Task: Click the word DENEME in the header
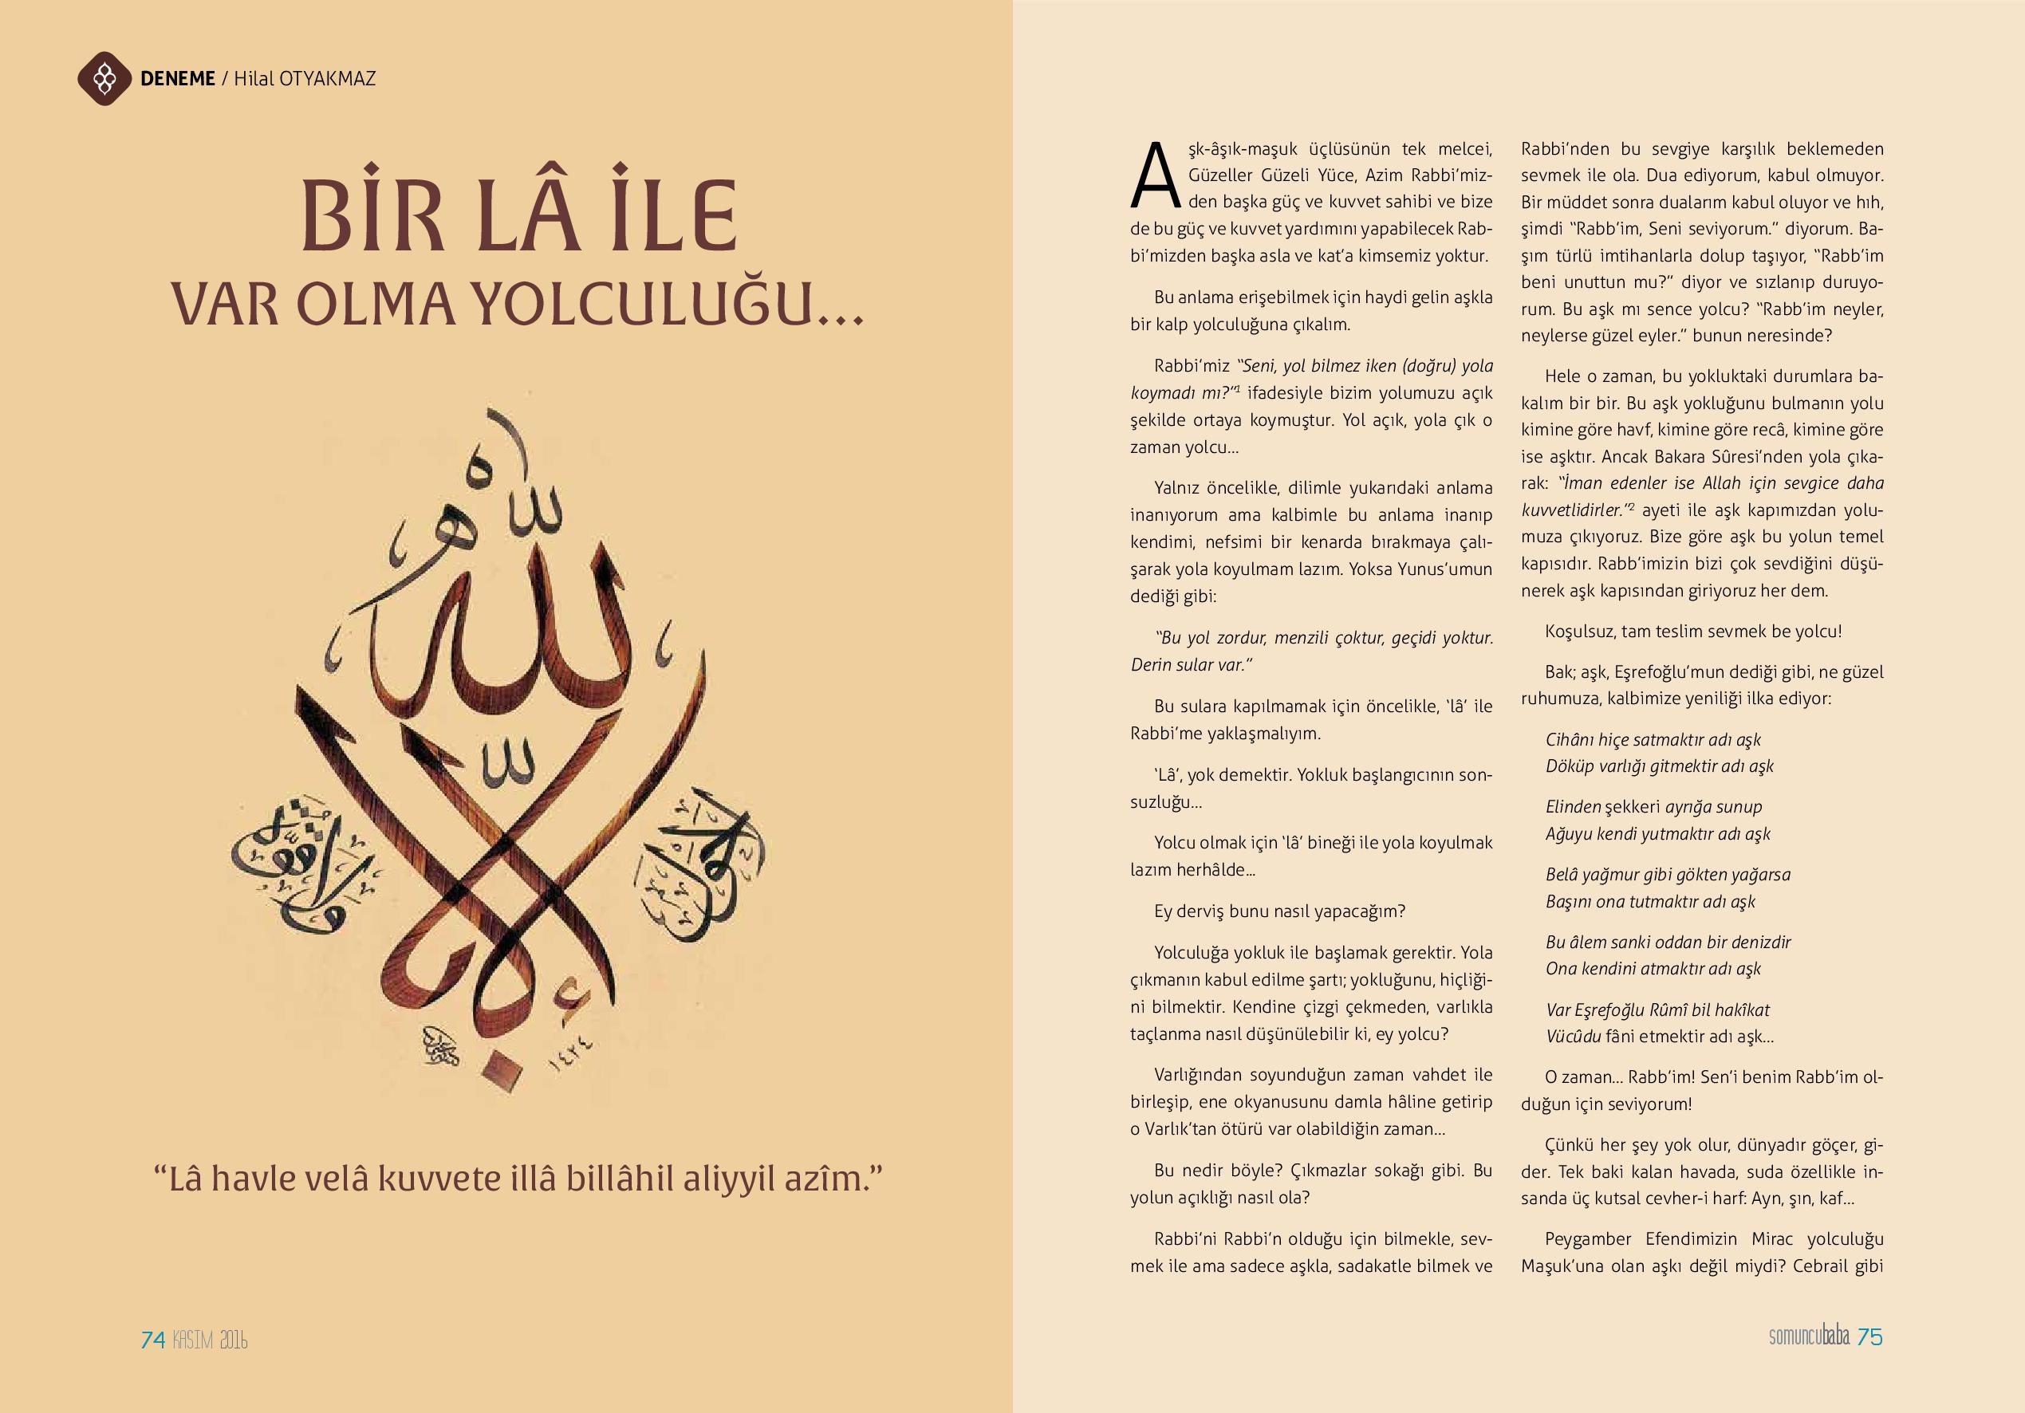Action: pyautogui.click(x=177, y=78)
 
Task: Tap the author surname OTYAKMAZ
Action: pyautogui.click(x=327, y=78)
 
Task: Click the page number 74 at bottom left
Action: pyautogui.click(x=152, y=1340)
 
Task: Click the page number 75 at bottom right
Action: pyautogui.click(x=1869, y=1336)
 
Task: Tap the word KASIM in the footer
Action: pyautogui.click(x=193, y=1340)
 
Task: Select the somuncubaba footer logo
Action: pyautogui.click(x=1809, y=1336)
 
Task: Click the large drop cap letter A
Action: pyautogui.click(x=1155, y=175)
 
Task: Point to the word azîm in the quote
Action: pyautogui.click(x=833, y=1179)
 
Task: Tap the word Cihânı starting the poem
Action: pyautogui.click(x=1570, y=740)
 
